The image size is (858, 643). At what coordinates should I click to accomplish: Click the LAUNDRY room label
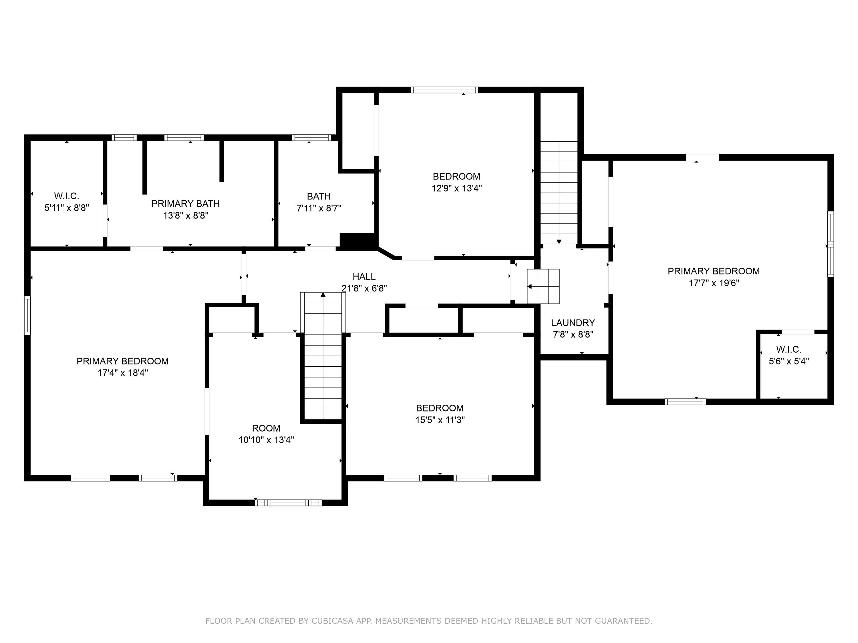[573, 322]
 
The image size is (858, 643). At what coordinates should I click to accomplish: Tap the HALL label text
[364, 276]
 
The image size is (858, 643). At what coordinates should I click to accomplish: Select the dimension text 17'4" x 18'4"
[123, 373]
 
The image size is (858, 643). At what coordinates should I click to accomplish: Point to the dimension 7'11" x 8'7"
[319, 208]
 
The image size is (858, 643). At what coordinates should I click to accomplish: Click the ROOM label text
[266, 428]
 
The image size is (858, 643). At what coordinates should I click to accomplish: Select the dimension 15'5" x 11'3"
[440, 420]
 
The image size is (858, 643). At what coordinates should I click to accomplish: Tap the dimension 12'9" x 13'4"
[456, 188]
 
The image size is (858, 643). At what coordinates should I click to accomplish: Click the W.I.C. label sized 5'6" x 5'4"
[789, 350]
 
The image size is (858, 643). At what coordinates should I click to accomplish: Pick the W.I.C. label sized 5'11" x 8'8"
[67, 196]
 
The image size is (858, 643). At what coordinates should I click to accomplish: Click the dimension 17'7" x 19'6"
[714, 283]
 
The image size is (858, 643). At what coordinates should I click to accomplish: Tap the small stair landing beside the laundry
[543, 286]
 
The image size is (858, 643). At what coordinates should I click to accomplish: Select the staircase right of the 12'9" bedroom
[559, 192]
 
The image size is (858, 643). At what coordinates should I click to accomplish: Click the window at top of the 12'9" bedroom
[444, 90]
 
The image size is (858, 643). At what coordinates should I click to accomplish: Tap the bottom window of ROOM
[288, 503]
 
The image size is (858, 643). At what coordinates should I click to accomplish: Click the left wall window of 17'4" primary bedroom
[27, 315]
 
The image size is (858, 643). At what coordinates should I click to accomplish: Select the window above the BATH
[311, 137]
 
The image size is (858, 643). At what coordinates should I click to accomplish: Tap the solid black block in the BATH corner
[357, 240]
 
